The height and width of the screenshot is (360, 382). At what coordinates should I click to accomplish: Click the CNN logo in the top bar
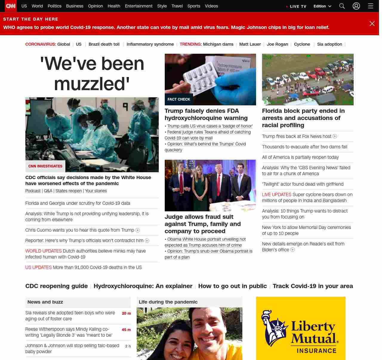pos(11,6)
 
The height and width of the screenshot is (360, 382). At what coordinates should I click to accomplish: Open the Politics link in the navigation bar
pos(54,6)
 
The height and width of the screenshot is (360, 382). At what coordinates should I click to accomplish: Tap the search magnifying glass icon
pos(342,6)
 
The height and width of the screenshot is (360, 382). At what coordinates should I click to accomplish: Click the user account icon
pos(356,6)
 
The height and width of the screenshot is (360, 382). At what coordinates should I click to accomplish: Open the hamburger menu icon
pos(371,6)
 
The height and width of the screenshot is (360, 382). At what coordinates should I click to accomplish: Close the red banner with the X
pos(372,24)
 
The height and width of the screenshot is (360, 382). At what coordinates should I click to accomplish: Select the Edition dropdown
pos(322,6)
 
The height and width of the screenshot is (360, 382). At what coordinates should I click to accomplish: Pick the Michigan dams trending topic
pos(218,44)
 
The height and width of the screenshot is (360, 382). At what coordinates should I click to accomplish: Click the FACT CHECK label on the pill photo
pos(179,99)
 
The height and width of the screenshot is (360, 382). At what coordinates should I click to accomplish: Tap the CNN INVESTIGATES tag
pos(45,166)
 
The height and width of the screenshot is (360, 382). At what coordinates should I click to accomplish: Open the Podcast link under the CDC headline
pos(33,191)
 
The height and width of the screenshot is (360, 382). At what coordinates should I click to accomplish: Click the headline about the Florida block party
pos(303,118)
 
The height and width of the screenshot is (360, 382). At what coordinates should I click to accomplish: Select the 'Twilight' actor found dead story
pos(303,184)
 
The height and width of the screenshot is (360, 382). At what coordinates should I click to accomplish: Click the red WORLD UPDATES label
pos(44,251)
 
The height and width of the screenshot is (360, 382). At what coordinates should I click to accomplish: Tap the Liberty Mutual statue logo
pos(274,328)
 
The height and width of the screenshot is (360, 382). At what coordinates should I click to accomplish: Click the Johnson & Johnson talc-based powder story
pos(72,348)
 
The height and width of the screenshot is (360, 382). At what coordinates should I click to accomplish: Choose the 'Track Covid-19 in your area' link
pos(313,286)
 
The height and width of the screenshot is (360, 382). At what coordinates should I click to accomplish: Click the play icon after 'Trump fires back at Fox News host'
pos(335,136)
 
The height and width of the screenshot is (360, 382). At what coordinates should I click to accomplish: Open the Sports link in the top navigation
pos(194,6)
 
